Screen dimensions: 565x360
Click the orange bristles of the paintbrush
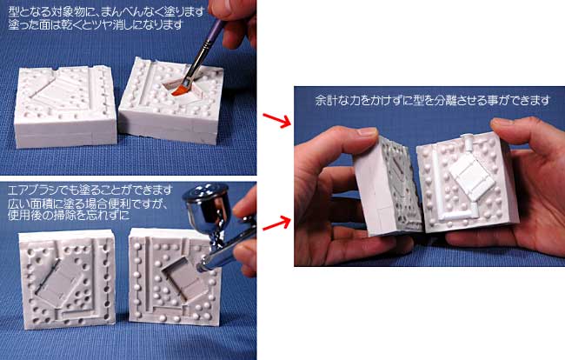(179, 90)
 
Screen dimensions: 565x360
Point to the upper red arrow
(276, 120)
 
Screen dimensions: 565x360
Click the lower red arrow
(276, 223)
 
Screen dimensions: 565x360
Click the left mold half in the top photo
(65, 106)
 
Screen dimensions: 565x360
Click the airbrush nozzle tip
(199, 268)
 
